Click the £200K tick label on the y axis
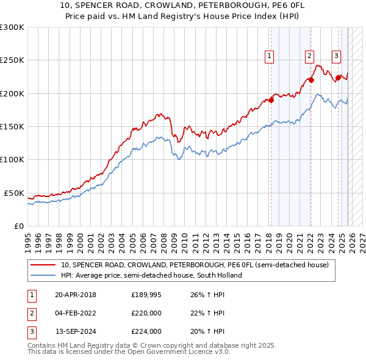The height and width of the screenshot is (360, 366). pos(12,93)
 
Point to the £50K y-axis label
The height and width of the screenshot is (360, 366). pos(14,193)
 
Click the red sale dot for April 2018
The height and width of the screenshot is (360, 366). pos(271,100)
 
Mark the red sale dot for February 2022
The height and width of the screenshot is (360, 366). pos(311,80)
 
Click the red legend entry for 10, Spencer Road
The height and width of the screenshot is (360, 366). pos(194,265)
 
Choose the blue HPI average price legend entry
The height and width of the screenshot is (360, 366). pos(151,275)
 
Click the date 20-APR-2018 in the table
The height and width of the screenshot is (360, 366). pos(75,295)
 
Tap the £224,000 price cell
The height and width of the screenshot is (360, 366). pos(146,331)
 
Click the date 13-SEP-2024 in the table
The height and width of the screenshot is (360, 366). pos(76,331)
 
